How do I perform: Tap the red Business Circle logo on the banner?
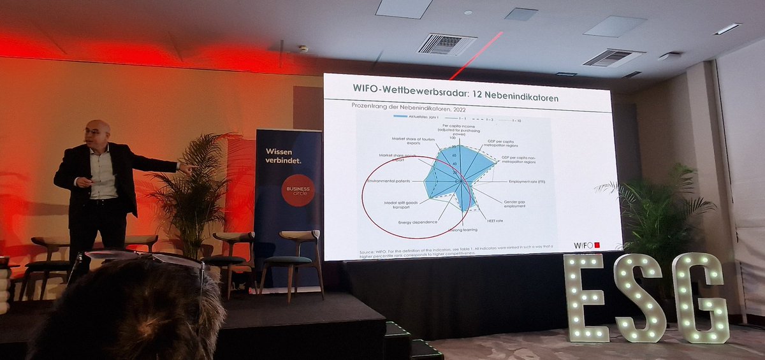pos(298,190)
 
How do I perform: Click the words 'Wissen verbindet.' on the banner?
pos(283,156)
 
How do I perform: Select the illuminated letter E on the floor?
pos(585,298)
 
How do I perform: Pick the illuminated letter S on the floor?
pos(641,298)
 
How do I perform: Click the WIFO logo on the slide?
pos(586,245)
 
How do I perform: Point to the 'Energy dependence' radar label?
pos(418,222)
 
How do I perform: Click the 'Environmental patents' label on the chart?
pos(395,182)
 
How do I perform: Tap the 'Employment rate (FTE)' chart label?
pos(527,182)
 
